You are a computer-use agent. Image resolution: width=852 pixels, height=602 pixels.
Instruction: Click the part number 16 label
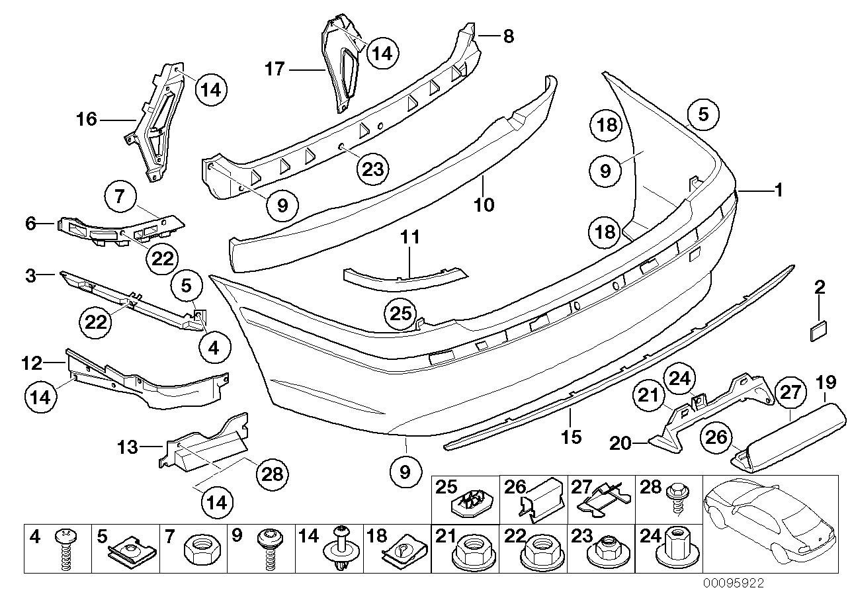pyautogui.click(x=87, y=120)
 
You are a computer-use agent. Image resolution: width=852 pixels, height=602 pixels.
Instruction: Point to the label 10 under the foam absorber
pyautogui.click(x=484, y=204)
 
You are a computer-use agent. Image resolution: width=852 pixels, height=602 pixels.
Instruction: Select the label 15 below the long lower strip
pyautogui.click(x=571, y=437)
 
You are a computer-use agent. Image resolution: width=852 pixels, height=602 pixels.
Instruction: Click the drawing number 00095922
pyautogui.click(x=734, y=583)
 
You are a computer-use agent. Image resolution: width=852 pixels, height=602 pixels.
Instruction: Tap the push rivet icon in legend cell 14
pyautogui.click(x=342, y=549)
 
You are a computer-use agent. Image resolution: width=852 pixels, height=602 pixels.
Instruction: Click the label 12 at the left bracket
pyautogui.click(x=31, y=363)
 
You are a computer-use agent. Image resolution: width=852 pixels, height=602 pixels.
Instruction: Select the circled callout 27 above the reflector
pyautogui.click(x=790, y=392)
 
